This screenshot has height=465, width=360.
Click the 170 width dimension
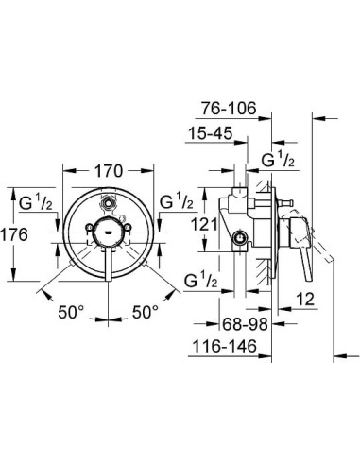coord(111,172)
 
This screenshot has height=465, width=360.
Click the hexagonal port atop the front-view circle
coord(110,200)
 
